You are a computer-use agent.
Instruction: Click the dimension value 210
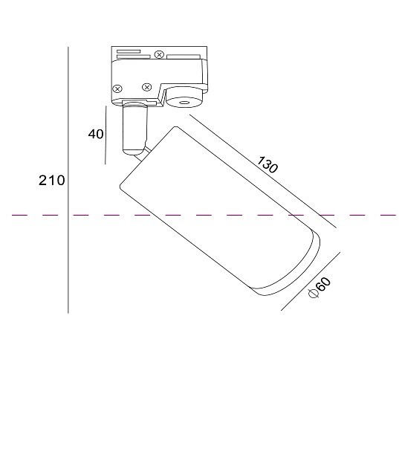(x=52, y=180)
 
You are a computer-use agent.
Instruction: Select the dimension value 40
(x=95, y=134)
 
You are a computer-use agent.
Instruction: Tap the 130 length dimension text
(x=267, y=165)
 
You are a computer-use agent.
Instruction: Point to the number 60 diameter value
(x=323, y=284)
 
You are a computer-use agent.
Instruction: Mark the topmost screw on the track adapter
(x=159, y=53)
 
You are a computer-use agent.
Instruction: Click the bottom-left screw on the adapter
(x=117, y=88)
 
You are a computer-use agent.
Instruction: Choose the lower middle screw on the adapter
(x=146, y=87)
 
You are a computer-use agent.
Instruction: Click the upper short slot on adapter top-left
(x=127, y=51)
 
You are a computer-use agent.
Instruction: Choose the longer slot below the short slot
(x=130, y=56)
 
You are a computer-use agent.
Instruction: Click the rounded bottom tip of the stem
(x=133, y=154)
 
